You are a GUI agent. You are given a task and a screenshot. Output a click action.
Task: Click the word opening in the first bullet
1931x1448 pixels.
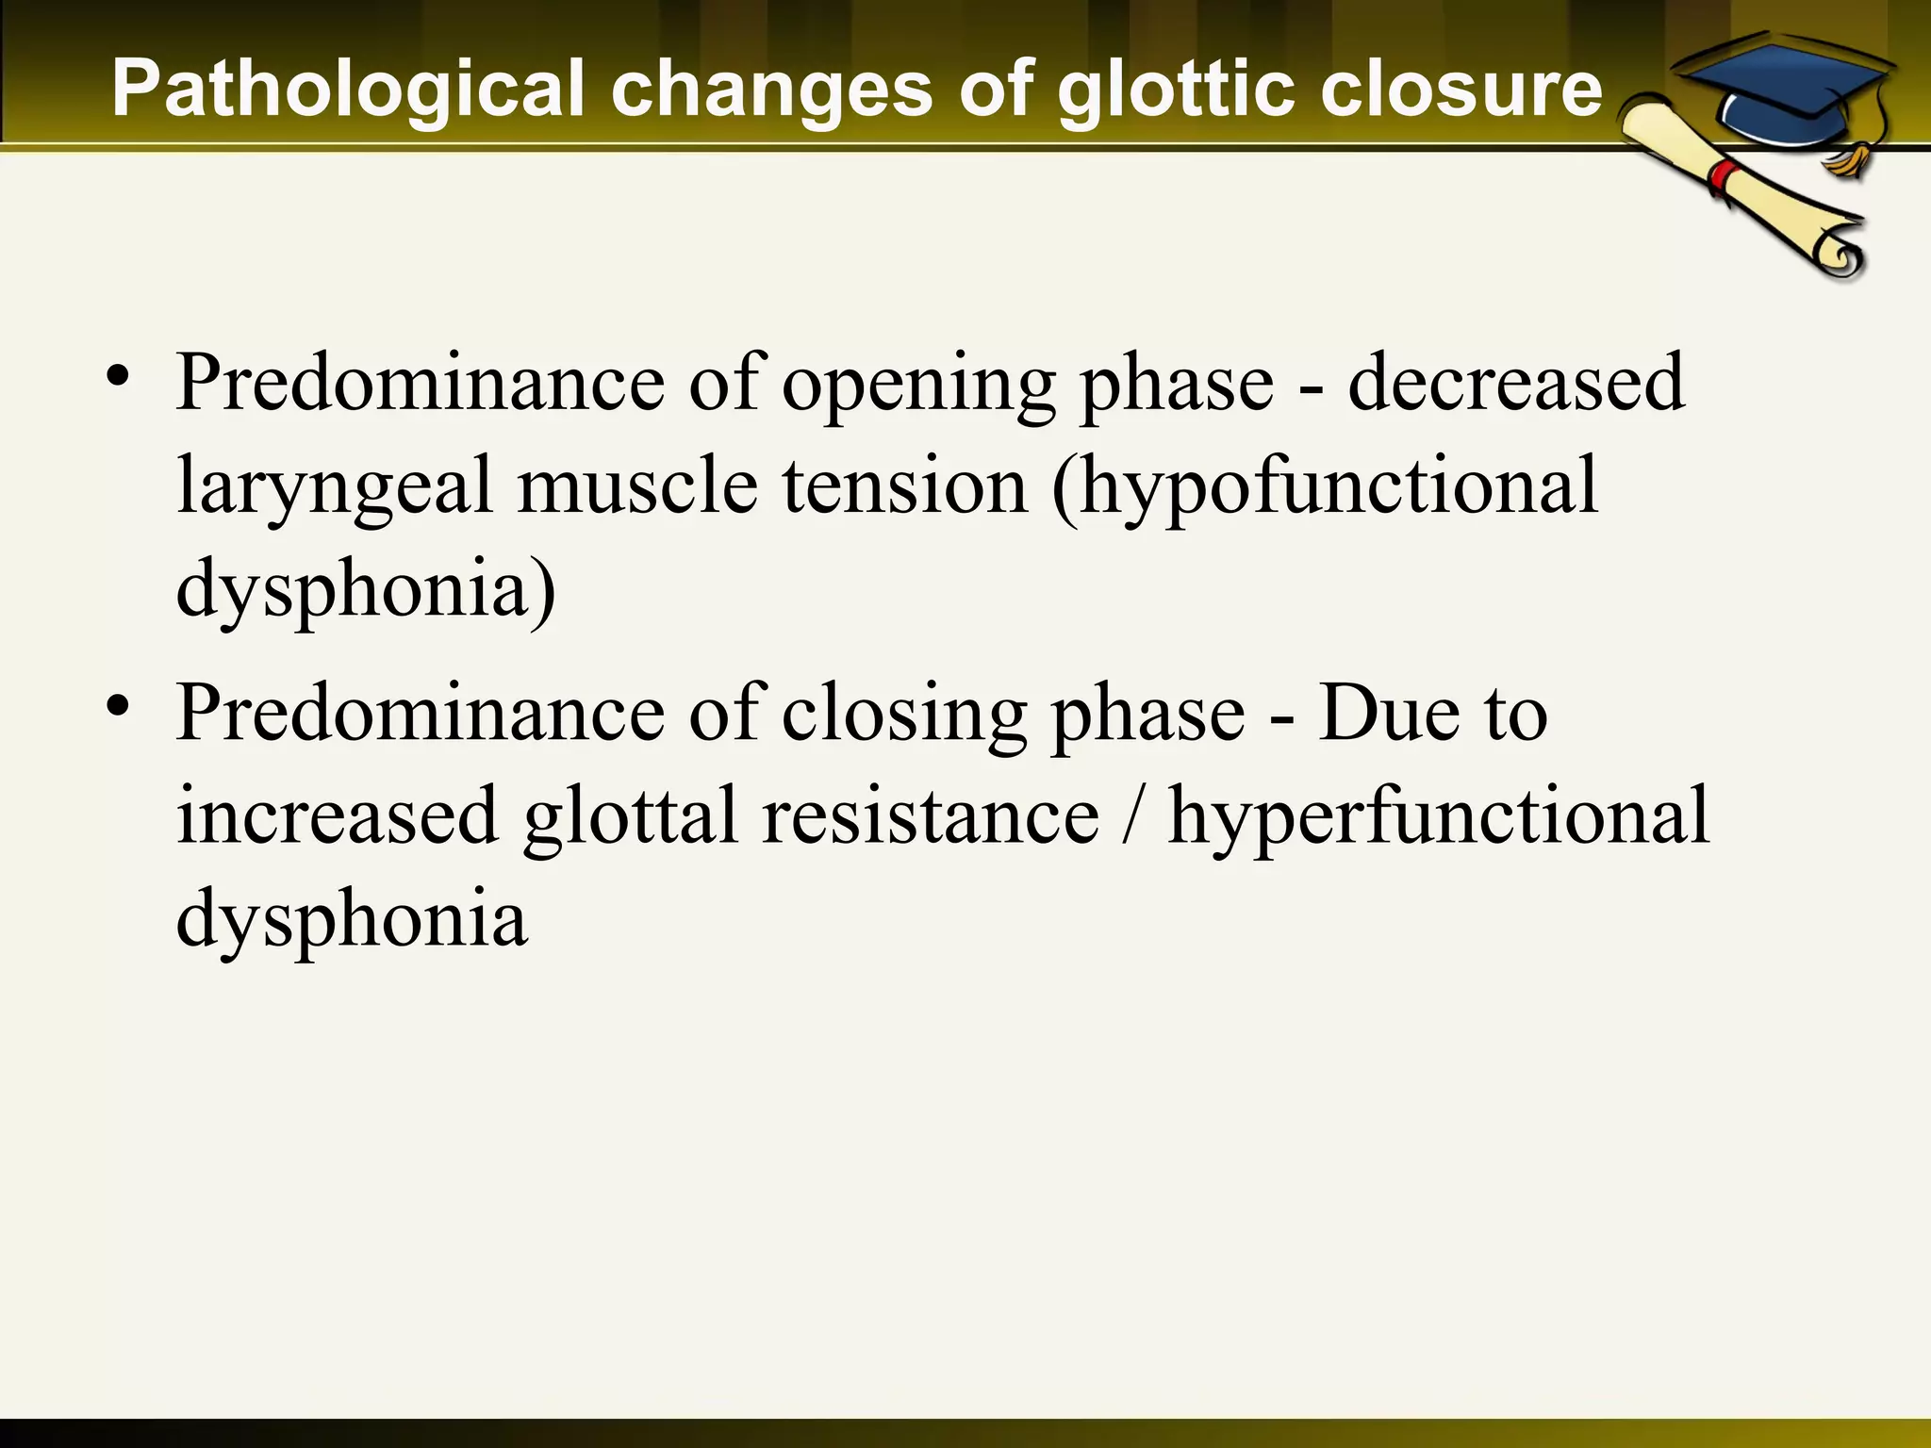point(918,385)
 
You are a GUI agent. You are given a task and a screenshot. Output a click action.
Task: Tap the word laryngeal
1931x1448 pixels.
point(335,487)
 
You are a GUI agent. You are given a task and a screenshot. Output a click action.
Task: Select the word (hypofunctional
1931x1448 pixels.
point(1325,487)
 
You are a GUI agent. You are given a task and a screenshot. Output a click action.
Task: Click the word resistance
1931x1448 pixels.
point(930,816)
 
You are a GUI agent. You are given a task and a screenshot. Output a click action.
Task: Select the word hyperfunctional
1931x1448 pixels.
point(1438,817)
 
